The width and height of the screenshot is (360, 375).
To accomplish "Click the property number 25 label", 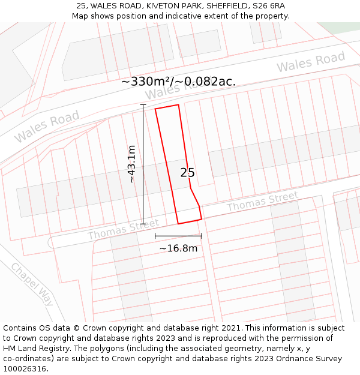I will pos(187,173).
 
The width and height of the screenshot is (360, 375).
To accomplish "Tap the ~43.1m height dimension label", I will pos(132,164).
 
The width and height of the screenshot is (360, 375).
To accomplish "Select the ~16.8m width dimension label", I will pos(178,248).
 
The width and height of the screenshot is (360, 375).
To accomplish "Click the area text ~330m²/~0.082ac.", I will pos(178,82).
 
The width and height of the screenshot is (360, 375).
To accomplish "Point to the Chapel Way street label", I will pos(32,284).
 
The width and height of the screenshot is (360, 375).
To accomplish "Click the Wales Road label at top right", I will pos(311,62).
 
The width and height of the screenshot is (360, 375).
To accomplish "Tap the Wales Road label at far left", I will pos(47,127).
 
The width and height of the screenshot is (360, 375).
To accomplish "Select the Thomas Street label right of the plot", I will pos(262,202).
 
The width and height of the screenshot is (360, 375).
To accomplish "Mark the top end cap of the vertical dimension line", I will pos(143,105).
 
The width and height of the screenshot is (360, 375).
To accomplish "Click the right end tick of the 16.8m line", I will pos(202,236).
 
